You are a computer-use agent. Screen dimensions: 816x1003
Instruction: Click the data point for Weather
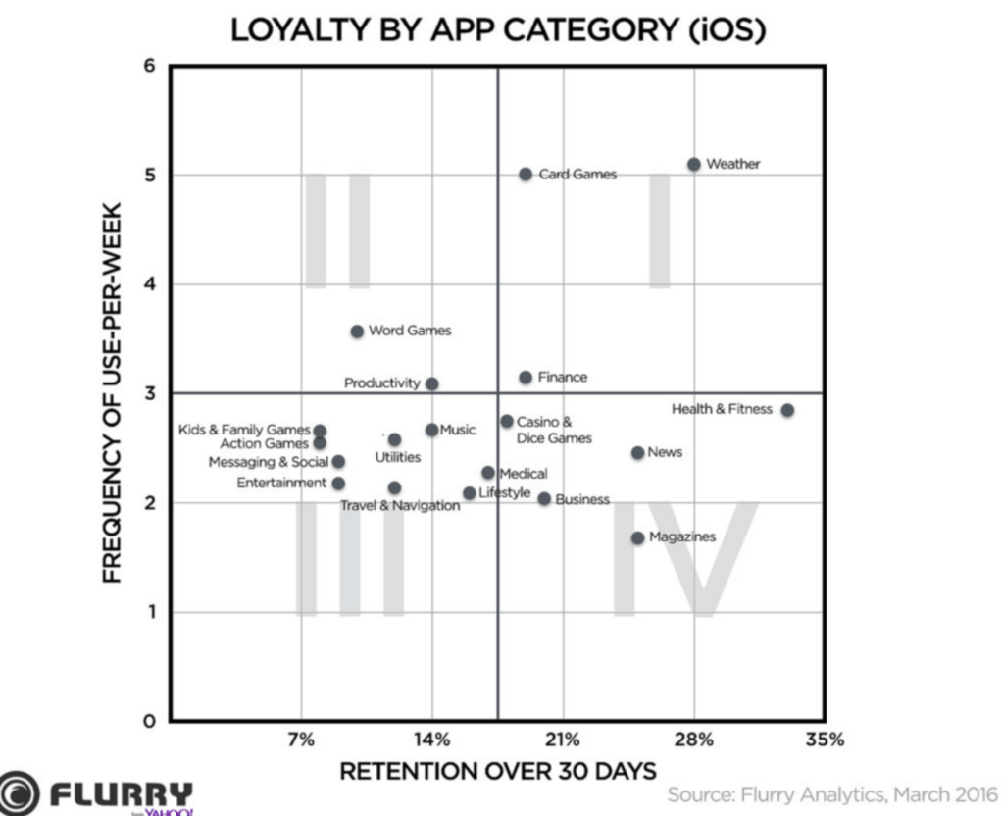[694, 164]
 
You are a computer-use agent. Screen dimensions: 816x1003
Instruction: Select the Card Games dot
[526, 174]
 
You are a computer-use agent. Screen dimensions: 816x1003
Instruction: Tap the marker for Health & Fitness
[787, 410]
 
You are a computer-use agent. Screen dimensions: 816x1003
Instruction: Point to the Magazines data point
[638, 537]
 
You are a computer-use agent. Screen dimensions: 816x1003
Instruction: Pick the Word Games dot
[357, 331]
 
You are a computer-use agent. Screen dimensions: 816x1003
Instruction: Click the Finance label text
[563, 377]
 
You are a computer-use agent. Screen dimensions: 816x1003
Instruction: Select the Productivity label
[381, 383]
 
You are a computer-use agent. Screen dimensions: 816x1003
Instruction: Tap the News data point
[638, 452]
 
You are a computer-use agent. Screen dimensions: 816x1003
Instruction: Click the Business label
[582, 499]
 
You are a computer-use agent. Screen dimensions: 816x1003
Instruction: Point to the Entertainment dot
[338, 484]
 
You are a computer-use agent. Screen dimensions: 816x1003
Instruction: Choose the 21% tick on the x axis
[564, 739]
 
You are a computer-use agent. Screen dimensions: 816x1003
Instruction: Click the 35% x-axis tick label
[825, 739]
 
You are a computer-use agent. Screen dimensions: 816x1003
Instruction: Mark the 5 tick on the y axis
[149, 176]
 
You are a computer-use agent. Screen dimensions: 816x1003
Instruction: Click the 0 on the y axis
[149, 722]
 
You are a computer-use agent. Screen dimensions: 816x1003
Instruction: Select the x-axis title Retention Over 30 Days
[497, 771]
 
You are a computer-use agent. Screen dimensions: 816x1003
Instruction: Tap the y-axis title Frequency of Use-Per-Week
[113, 392]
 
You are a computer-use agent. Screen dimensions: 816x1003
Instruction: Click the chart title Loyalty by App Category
[498, 30]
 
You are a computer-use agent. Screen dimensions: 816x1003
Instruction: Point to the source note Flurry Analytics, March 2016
[832, 793]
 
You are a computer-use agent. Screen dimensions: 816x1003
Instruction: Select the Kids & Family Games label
[244, 430]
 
